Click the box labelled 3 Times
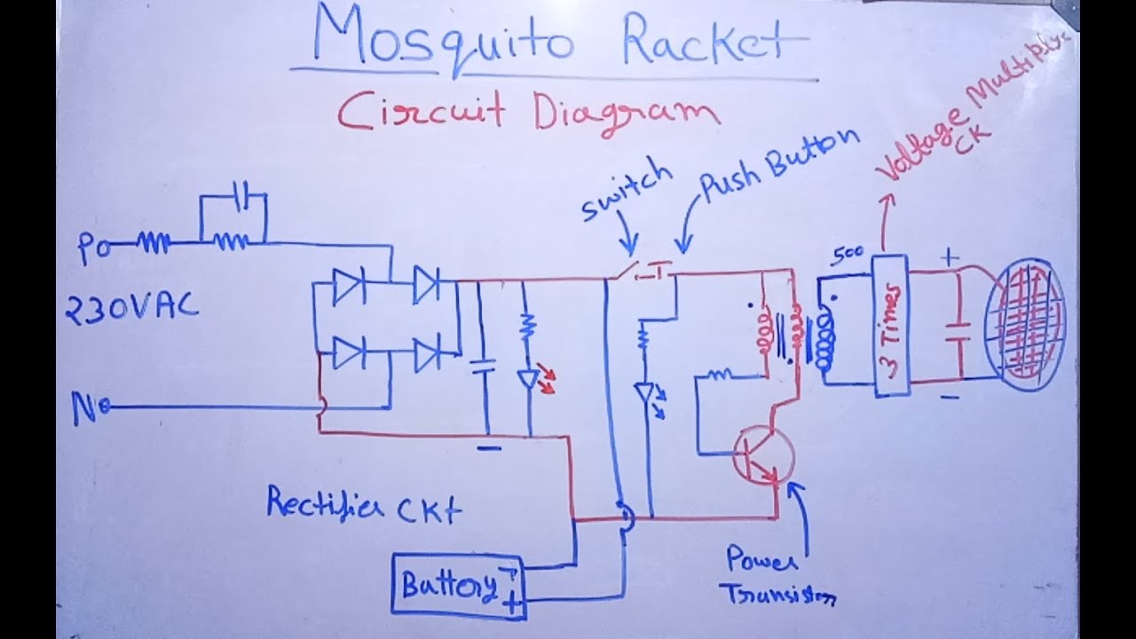pyautogui.click(x=890, y=325)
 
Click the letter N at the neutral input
pyautogui.click(x=86, y=407)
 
